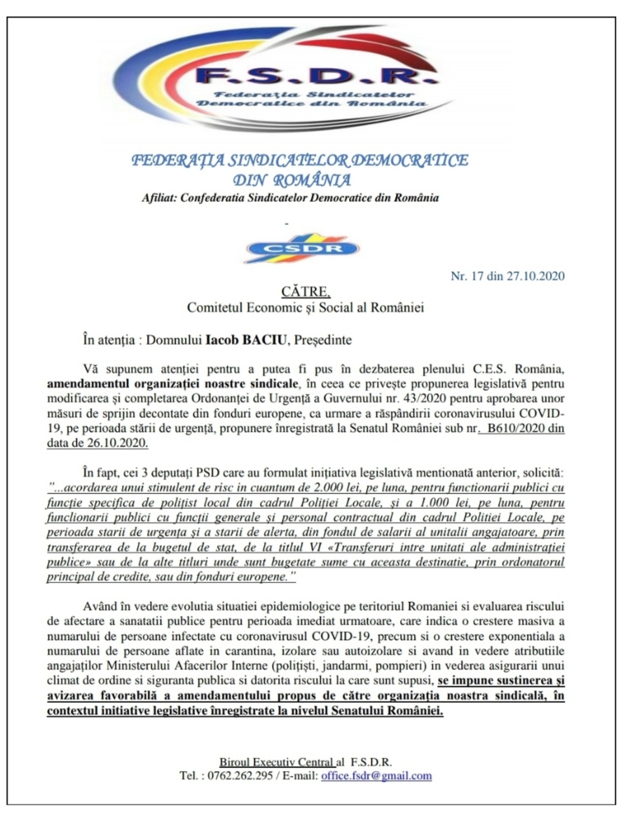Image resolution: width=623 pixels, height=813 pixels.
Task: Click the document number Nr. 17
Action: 467,275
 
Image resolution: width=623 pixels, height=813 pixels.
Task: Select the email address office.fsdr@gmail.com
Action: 376,776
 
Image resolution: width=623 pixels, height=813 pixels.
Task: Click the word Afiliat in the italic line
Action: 158,198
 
